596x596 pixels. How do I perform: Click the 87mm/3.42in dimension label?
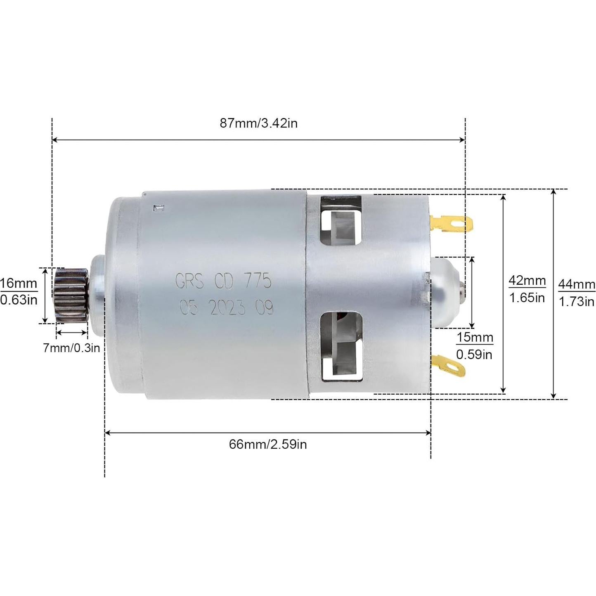click(258, 123)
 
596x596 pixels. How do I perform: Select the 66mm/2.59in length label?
click(268, 444)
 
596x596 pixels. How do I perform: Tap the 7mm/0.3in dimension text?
click(71, 348)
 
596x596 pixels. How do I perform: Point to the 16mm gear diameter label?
click(19, 284)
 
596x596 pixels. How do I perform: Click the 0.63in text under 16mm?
click(19, 300)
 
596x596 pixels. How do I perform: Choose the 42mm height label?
click(527, 281)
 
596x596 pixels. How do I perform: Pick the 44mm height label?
click(577, 284)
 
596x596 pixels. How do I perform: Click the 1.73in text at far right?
click(577, 302)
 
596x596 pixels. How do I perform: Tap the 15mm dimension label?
click(475, 338)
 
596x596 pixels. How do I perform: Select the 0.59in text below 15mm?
click(474, 355)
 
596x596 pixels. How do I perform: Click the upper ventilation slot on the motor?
click(341, 221)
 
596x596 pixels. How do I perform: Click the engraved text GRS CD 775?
click(223, 281)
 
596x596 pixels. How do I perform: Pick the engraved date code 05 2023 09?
click(226, 308)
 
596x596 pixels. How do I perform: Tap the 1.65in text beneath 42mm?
click(527, 298)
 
